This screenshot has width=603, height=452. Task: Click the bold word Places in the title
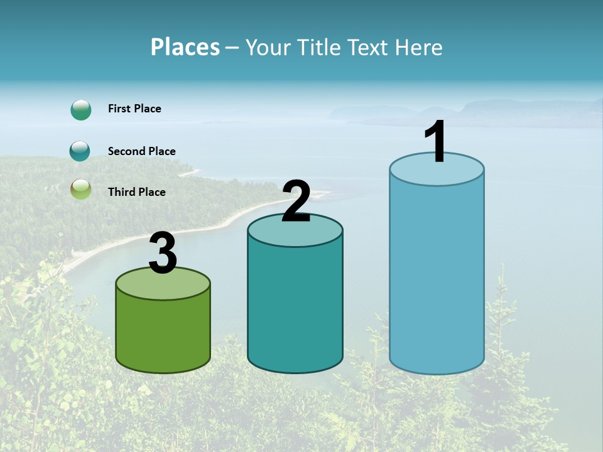pyautogui.click(x=185, y=47)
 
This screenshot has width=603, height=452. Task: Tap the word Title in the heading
pyautogui.click(x=320, y=47)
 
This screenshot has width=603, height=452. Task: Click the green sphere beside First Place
pyautogui.click(x=81, y=110)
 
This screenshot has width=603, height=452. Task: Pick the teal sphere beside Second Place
pyautogui.click(x=80, y=151)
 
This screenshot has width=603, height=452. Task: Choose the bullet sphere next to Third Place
pyautogui.click(x=80, y=189)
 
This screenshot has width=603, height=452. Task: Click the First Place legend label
pyautogui.click(x=134, y=109)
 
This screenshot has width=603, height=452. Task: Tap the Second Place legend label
pyautogui.click(x=141, y=151)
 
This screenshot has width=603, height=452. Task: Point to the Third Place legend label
pyautogui.click(x=136, y=192)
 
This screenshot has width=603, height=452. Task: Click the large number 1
pyautogui.click(x=435, y=143)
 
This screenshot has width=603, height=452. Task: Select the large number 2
pyautogui.click(x=296, y=202)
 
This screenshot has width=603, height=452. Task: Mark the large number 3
pyautogui.click(x=163, y=253)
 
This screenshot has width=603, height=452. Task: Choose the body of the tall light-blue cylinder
pyautogui.click(x=437, y=276)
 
